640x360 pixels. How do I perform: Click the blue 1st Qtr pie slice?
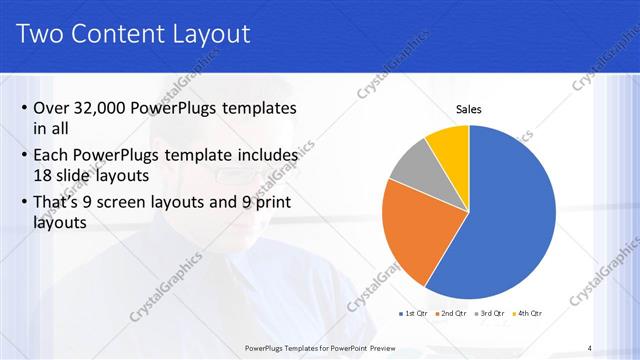point(510,230)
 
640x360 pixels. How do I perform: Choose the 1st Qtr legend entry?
point(416,315)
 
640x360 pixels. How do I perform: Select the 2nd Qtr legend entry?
point(453,315)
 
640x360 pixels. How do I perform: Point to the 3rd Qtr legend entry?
point(490,315)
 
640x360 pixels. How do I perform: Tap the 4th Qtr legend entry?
point(527,315)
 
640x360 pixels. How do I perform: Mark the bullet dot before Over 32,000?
point(22,109)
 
